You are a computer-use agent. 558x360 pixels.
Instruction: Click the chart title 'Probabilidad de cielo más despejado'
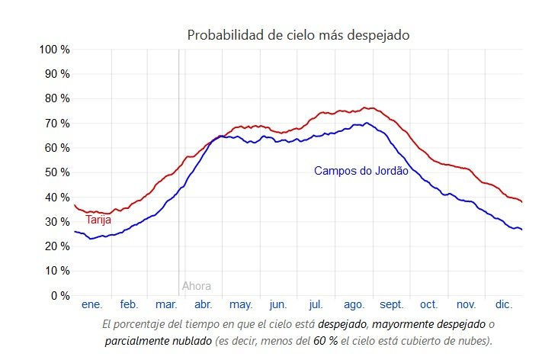pos(300,35)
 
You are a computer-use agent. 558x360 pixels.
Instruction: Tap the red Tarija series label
pos(98,220)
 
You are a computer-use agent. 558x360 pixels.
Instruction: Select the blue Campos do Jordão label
pos(361,171)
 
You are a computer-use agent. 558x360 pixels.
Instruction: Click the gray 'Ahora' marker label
pos(197,287)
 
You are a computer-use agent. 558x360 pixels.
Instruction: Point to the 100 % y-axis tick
pos(54,50)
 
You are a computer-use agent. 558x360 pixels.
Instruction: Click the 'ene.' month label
pos(91,305)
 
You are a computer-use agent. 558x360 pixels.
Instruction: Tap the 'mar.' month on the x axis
pos(166,305)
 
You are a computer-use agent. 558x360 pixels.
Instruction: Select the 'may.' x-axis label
pos(241,305)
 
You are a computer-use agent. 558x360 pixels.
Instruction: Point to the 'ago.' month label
pos(354,305)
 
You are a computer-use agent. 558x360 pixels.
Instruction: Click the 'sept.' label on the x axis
pos(391,305)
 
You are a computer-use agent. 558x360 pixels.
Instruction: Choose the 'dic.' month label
pos(503,305)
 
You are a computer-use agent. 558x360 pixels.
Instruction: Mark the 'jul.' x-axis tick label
pos(316,305)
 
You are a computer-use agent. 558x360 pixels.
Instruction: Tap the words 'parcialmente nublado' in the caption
pos(157,340)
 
